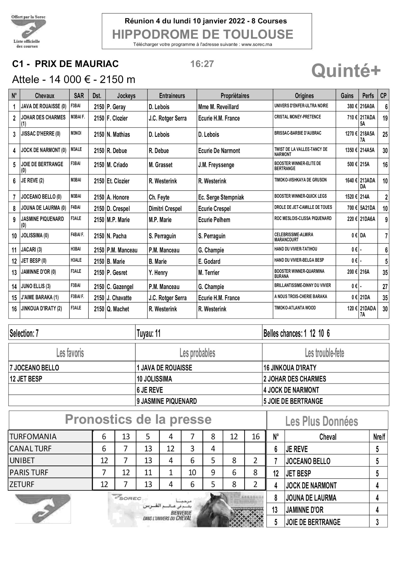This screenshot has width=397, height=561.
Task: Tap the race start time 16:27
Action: point(202,64)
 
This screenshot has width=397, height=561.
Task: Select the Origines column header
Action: point(304,96)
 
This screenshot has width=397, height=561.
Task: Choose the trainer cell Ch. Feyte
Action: point(159,197)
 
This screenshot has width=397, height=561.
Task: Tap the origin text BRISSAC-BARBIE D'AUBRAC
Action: point(298,133)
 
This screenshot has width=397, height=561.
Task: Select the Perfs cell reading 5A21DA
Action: point(367,208)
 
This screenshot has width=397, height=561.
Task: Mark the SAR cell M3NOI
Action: point(76,133)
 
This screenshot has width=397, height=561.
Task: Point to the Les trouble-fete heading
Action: point(324,353)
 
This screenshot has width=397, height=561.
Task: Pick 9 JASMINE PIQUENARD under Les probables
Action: point(167,401)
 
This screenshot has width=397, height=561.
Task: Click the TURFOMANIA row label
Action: point(33,437)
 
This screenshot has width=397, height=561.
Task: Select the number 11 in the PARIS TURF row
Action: point(148,472)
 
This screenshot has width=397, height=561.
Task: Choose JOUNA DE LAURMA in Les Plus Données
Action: point(311,498)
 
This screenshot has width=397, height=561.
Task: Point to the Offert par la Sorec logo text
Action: point(28,17)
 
